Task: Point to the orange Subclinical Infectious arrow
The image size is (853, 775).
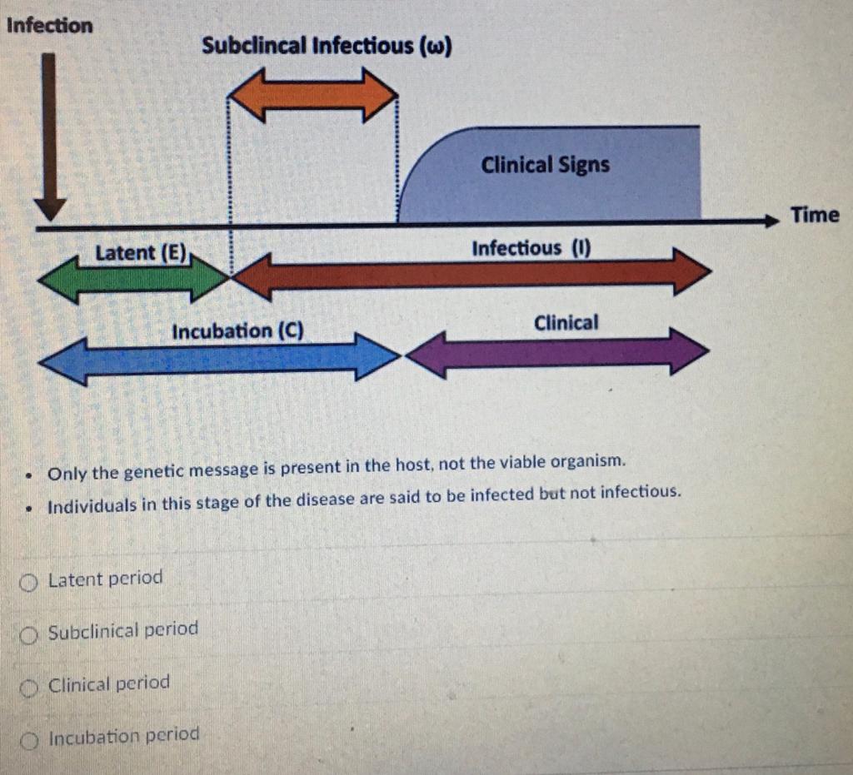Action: [x=312, y=94]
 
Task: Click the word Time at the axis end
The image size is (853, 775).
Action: [x=815, y=215]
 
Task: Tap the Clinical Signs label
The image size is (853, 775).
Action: [x=545, y=165]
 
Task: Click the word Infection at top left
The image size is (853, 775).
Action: [x=49, y=25]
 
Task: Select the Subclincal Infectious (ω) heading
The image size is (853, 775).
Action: [x=327, y=46]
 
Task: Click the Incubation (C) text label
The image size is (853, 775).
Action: [x=237, y=331]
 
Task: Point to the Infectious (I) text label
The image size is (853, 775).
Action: [x=531, y=248]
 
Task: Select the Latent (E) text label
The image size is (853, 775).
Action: [x=142, y=252]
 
